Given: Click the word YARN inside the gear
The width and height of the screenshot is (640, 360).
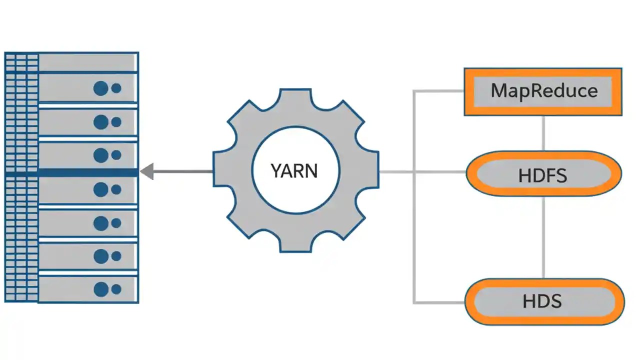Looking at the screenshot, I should tap(294, 171).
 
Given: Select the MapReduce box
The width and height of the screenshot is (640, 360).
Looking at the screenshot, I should tap(543, 91).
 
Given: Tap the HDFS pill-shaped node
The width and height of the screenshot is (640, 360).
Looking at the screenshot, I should tap(543, 175).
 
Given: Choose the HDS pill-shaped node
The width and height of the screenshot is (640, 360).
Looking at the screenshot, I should tap(543, 301).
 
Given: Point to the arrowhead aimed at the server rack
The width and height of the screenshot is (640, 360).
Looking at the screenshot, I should tap(146, 172).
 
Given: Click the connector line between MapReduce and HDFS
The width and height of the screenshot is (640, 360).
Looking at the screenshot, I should tap(543, 133).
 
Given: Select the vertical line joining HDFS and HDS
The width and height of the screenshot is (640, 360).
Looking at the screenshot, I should tap(543, 237).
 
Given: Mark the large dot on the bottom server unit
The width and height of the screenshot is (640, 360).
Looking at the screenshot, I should tap(101, 289).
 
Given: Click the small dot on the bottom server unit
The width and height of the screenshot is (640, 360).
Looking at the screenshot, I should tap(116, 289).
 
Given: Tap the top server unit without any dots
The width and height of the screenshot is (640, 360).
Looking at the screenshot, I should tap(87, 62).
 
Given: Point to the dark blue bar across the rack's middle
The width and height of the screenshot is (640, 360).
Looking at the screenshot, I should tap(87, 172).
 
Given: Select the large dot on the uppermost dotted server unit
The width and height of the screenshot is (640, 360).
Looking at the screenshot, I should tap(101, 88).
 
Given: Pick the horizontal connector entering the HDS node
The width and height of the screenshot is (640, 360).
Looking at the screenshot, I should tap(440, 302).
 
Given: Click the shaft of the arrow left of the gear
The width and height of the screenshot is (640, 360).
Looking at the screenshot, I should tap(182, 172).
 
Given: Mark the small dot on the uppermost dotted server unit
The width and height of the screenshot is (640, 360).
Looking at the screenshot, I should tap(116, 88).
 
